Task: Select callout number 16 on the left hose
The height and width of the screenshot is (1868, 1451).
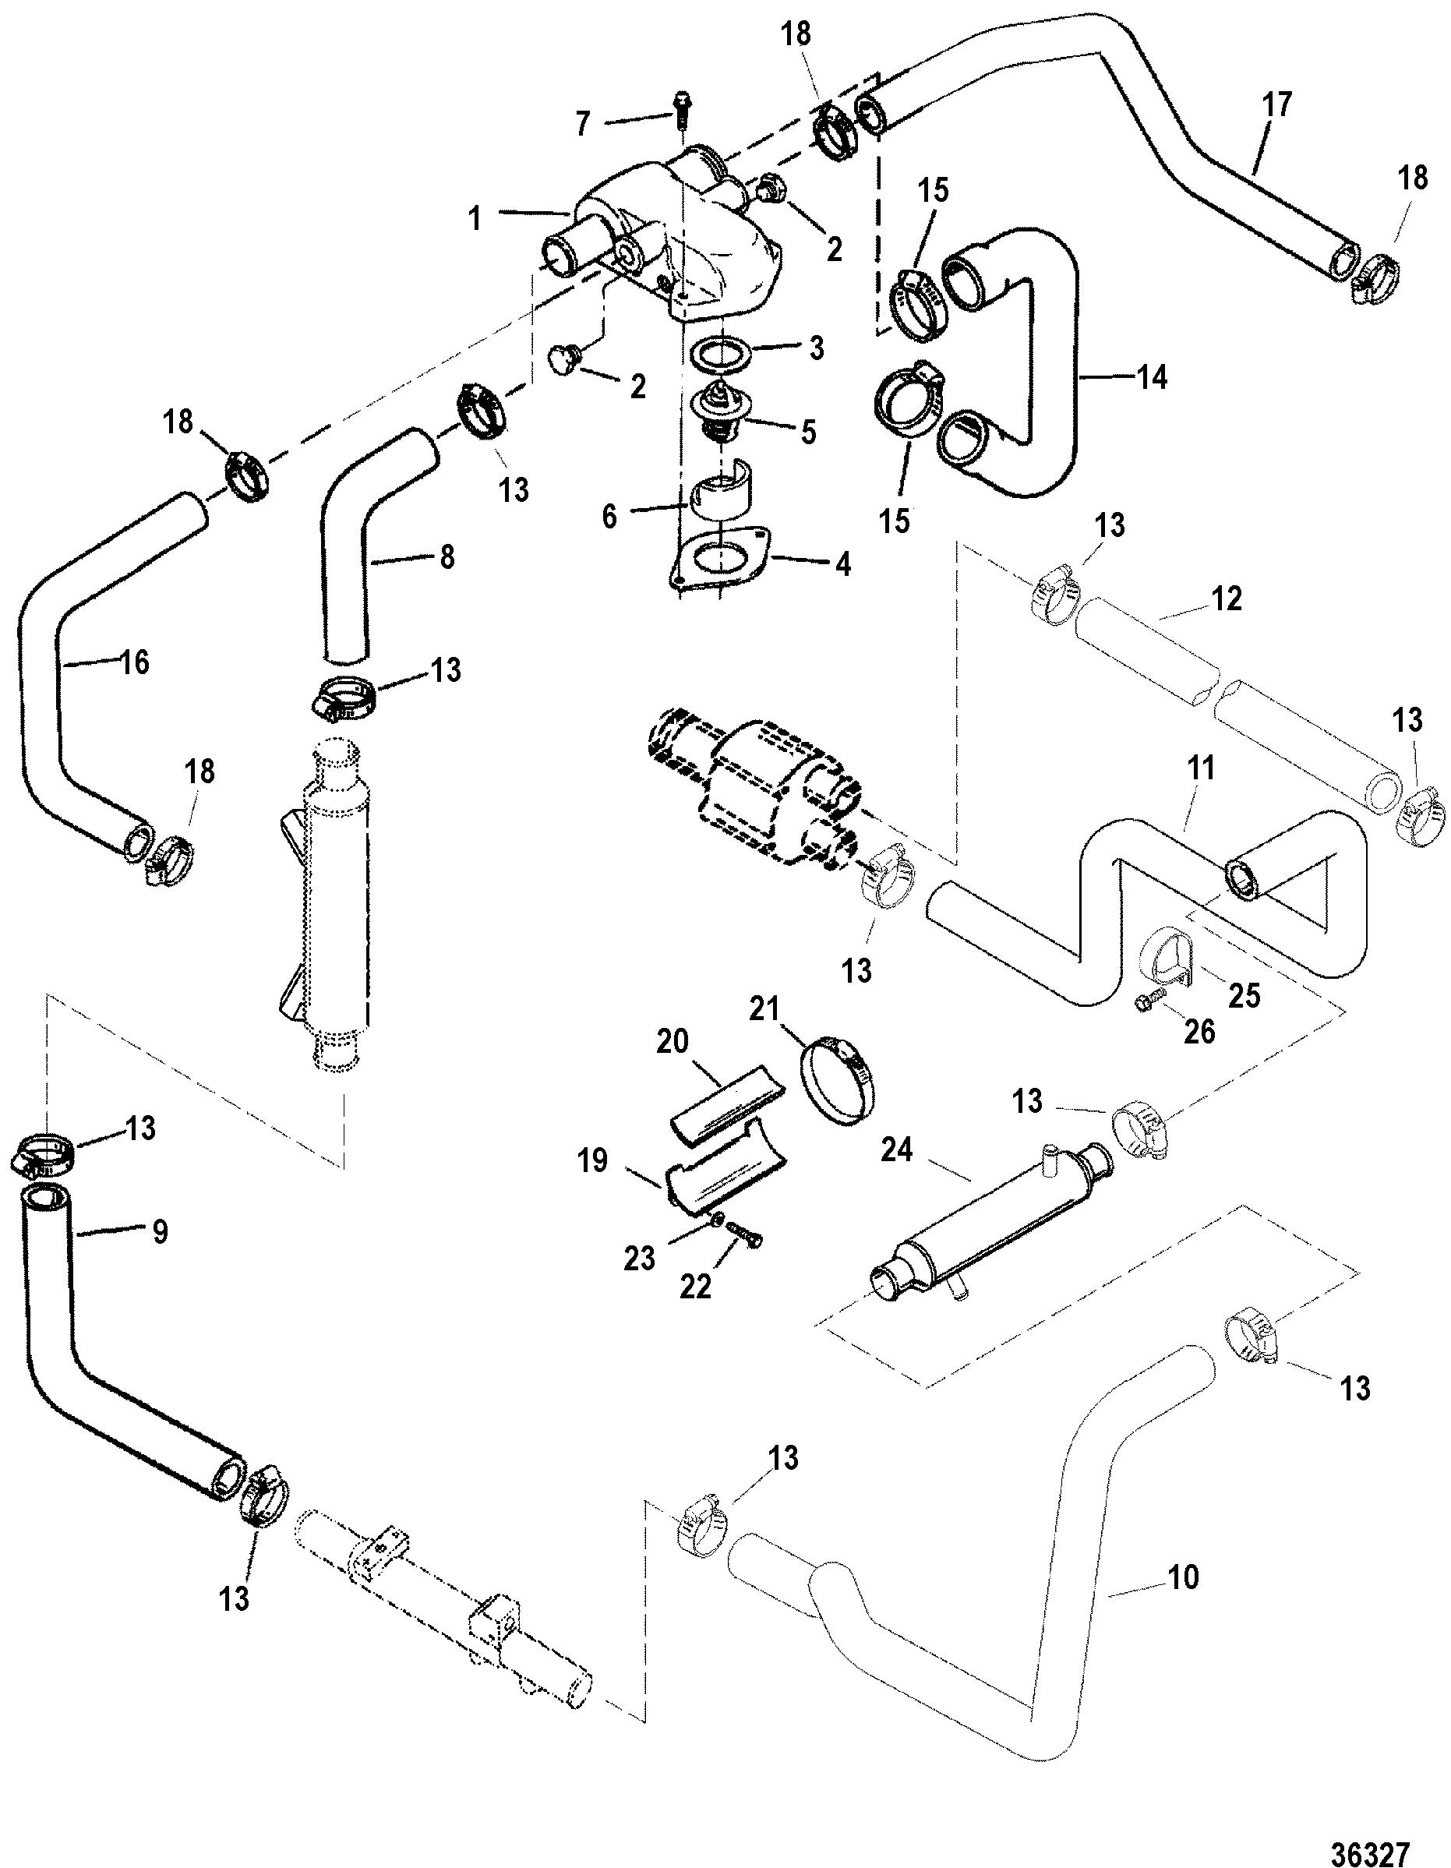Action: [x=134, y=661]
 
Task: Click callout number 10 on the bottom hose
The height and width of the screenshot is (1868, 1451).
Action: [x=1184, y=1577]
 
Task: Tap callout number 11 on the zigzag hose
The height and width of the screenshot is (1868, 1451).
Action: [x=1202, y=769]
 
